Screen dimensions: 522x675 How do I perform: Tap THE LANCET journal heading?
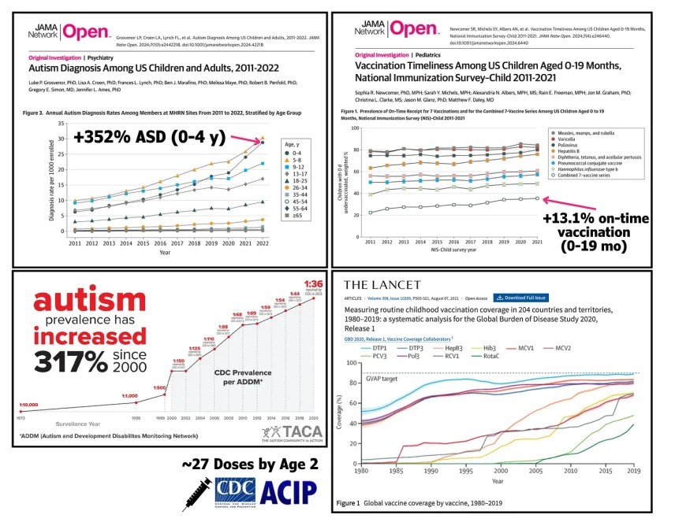[x=386, y=285]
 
